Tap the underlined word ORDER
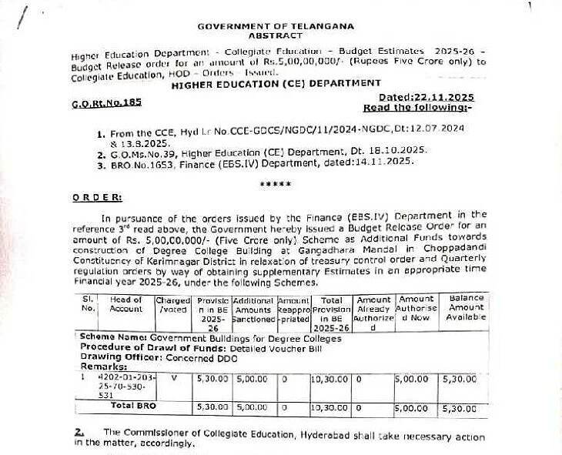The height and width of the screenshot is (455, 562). pyautogui.click(x=97, y=197)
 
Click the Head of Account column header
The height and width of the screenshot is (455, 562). pyautogui.click(x=126, y=304)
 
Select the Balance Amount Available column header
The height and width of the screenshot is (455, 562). pyautogui.click(x=466, y=307)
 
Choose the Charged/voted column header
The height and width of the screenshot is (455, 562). pyautogui.click(x=172, y=304)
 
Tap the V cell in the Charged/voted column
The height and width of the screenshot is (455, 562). pyautogui.click(x=173, y=378)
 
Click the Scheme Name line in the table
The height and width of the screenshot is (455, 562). pyautogui.click(x=188, y=338)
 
